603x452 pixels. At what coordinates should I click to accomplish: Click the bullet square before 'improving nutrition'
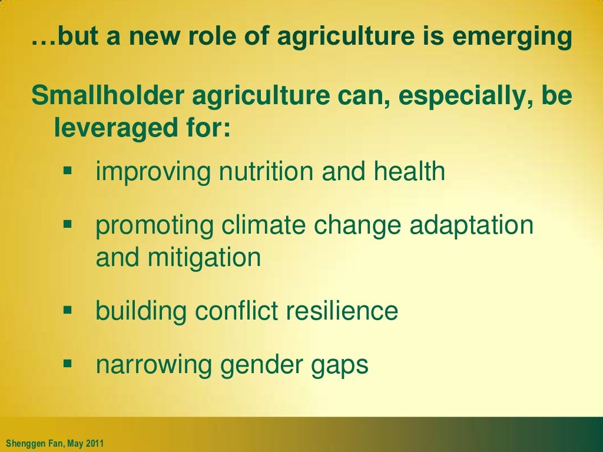[x=67, y=171]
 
